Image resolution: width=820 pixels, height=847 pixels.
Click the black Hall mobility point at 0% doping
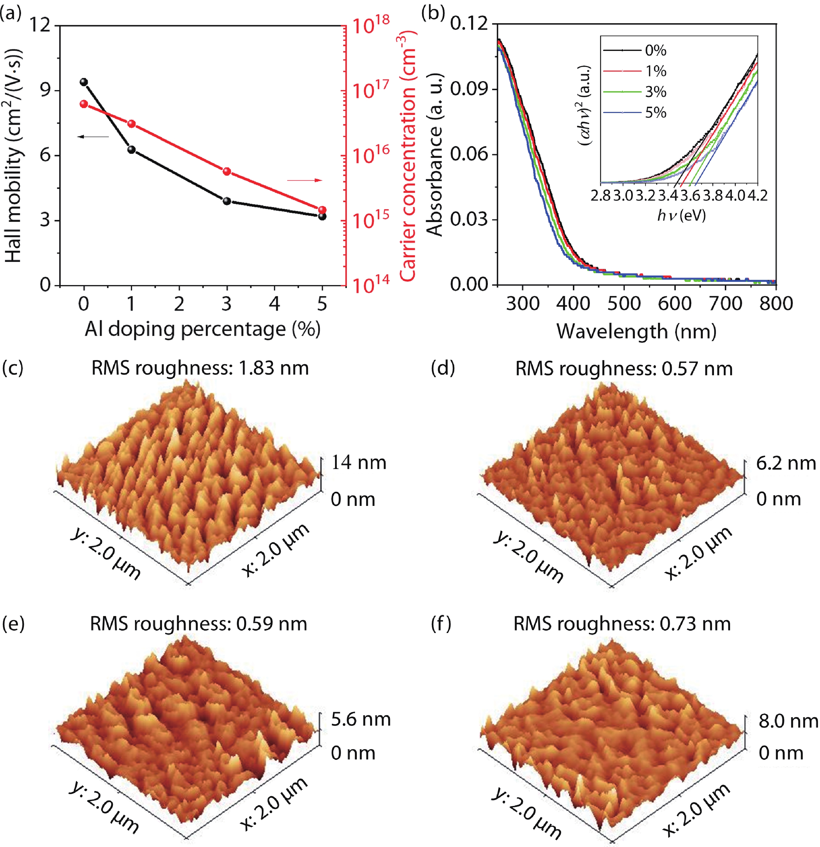84,82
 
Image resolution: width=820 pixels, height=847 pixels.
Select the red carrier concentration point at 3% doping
227,172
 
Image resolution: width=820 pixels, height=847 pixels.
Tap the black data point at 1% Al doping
131,150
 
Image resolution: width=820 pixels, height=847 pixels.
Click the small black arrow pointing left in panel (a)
93,137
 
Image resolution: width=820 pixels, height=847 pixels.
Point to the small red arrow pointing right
305,180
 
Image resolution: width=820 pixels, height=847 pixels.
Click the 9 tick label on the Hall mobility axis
45,90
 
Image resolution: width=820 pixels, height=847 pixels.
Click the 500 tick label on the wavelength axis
624,303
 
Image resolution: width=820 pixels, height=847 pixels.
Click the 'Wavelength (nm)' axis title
636,331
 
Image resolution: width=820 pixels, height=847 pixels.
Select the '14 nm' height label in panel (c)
358,462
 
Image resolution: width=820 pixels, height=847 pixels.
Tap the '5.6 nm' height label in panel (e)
361,719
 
